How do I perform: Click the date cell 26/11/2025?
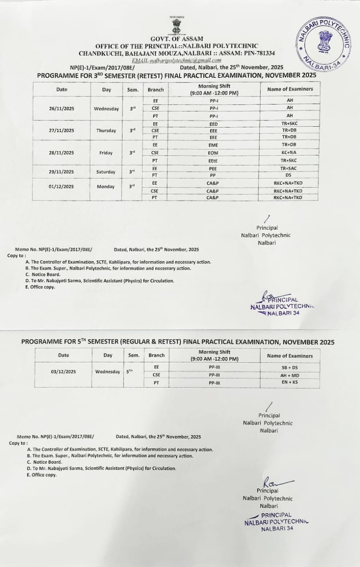(x=62, y=109)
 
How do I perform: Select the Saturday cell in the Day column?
(x=106, y=172)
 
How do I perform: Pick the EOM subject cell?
(x=214, y=153)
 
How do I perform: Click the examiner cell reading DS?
(x=289, y=175)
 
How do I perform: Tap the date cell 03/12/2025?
(x=63, y=371)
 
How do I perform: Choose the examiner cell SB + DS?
(x=290, y=367)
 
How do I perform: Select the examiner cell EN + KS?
(x=290, y=382)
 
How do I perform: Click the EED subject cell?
(x=214, y=124)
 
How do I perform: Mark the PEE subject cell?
(x=214, y=168)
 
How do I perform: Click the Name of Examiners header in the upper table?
(x=290, y=89)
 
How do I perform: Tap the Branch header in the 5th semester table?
(x=157, y=355)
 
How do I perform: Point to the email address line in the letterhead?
(x=176, y=60)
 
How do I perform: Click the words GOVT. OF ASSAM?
(x=176, y=39)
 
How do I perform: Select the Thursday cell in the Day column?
(x=106, y=131)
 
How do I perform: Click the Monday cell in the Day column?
(x=106, y=187)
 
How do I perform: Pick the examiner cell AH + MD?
(x=290, y=375)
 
